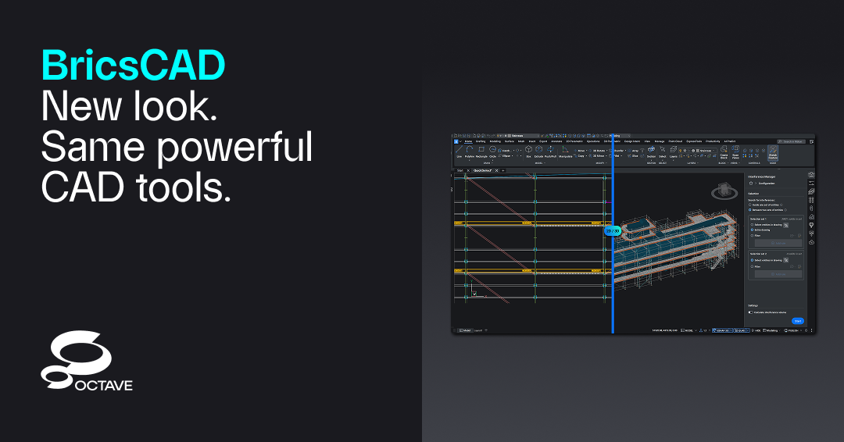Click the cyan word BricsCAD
point(133,65)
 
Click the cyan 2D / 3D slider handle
point(613,230)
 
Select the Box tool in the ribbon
point(528,151)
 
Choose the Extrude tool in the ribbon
point(538,151)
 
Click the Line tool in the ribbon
point(459,151)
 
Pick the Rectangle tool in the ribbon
point(481,151)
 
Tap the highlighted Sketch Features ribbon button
point(773,152)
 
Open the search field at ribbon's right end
point(793,141)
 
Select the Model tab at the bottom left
point(466,330)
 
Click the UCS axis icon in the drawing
point(474,294)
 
